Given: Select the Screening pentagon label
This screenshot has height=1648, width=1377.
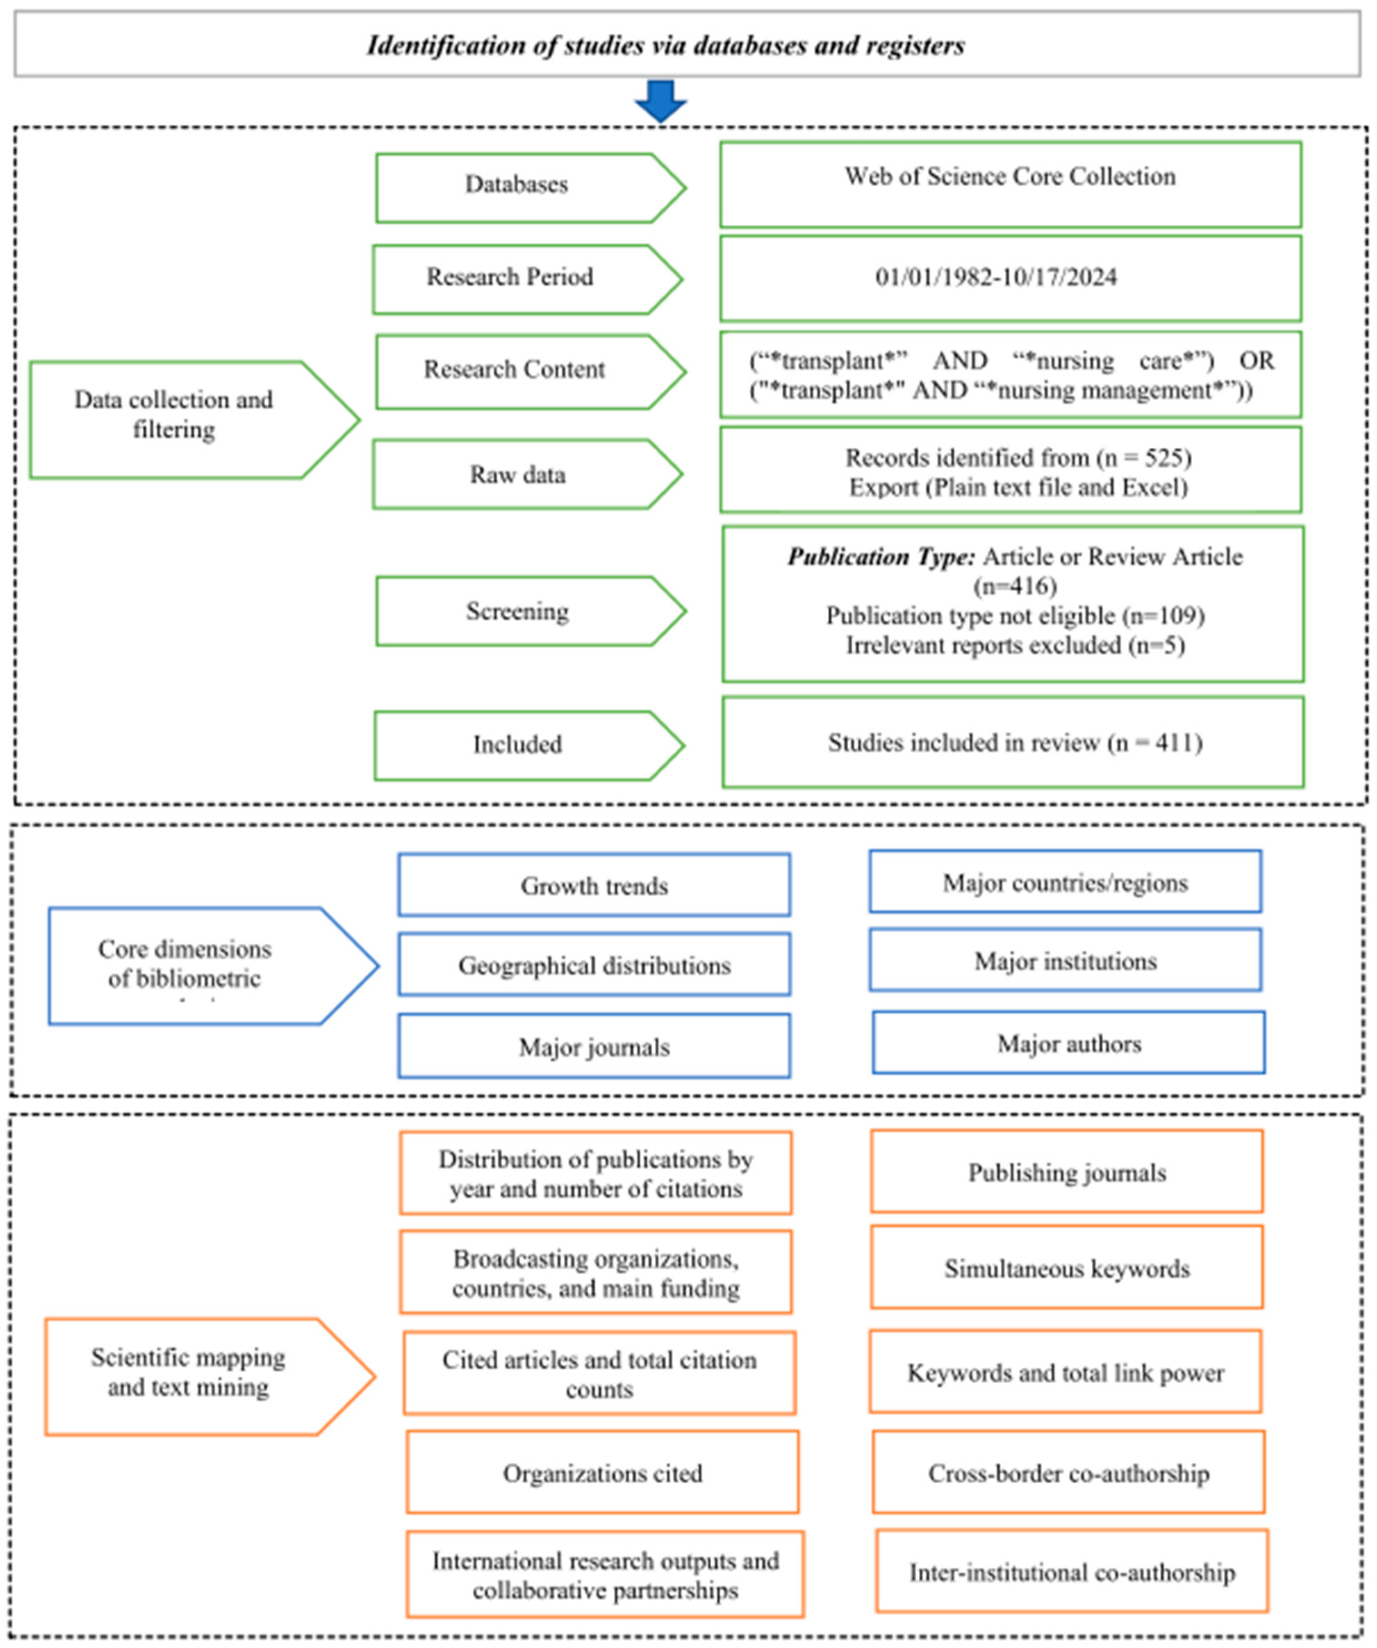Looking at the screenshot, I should click(x=517, y=612).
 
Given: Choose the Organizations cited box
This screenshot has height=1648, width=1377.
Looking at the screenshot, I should click(x=602, y=1474).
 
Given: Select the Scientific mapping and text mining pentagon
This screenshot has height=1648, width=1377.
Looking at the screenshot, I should click(x=188, y=1373).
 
